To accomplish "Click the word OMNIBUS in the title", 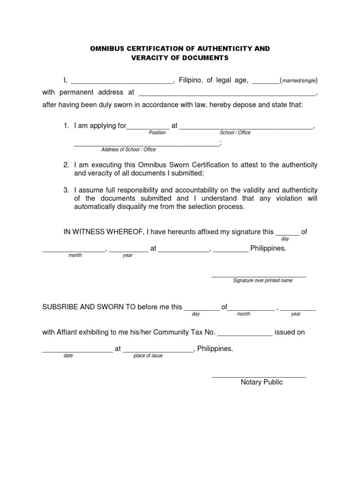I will [106, 49].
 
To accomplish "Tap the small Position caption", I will [157, 133].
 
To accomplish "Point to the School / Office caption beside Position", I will [235, 133].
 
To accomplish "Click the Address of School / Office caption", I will [128, 150].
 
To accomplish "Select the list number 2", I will [66, 165].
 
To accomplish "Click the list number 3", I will [66, 190].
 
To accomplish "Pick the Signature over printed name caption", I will [262, 280].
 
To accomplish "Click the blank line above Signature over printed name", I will [259, 276].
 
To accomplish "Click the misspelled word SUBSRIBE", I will [60, 307].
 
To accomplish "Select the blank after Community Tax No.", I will [245, 333].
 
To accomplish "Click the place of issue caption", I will [148, 356].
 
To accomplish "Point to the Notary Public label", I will [262, 382].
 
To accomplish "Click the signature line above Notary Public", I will [259, 376].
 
